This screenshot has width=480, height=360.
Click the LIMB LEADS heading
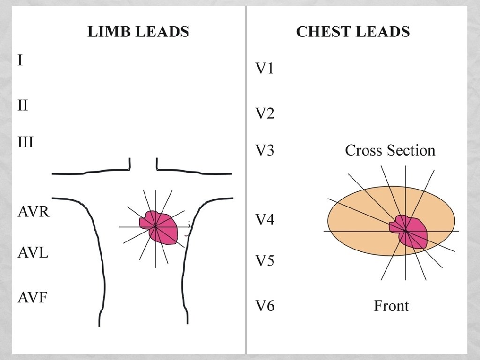138,32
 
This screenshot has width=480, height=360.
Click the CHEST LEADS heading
353,32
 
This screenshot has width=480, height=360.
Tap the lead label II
22,105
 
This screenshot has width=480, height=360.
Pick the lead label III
25,142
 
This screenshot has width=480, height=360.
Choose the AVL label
33,253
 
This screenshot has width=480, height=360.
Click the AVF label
32,297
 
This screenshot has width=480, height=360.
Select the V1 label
264,69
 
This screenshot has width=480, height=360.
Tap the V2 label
264,114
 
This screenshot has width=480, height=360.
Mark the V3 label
264,151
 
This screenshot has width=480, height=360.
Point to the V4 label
264,220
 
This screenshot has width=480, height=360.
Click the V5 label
264,261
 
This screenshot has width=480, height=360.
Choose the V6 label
264,306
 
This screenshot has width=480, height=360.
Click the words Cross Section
390,151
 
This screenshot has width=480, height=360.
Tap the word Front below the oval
391,306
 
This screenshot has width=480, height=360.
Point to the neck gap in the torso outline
143,165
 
